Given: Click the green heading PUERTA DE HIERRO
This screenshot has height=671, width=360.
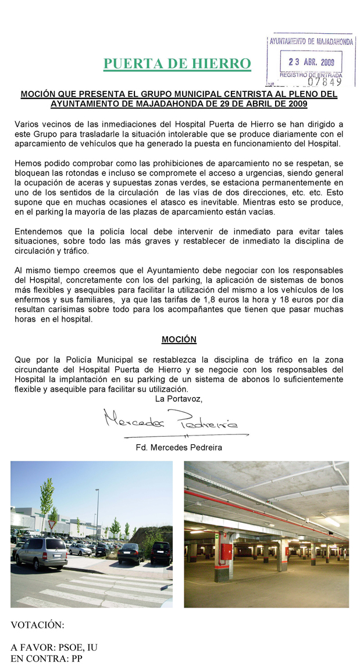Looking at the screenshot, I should coord(177,64).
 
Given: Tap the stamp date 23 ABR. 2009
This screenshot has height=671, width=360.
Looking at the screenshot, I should coord(312,62).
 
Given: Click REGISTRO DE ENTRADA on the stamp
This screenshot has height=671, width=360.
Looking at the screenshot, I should coord(311,75).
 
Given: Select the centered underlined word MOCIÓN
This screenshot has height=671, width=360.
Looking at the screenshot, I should coord(179,340).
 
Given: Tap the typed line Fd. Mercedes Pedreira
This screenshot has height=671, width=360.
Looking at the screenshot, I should coord(179,448).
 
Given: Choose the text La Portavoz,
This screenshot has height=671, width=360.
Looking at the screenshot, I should coord(179,399).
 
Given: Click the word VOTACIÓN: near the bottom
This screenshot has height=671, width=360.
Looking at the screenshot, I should coord(37,625).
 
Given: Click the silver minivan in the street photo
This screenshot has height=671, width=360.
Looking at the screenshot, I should coord(41,552).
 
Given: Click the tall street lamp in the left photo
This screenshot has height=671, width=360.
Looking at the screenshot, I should coord(97,515).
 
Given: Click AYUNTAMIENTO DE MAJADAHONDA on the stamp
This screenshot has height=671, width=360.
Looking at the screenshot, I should coord(311,42).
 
